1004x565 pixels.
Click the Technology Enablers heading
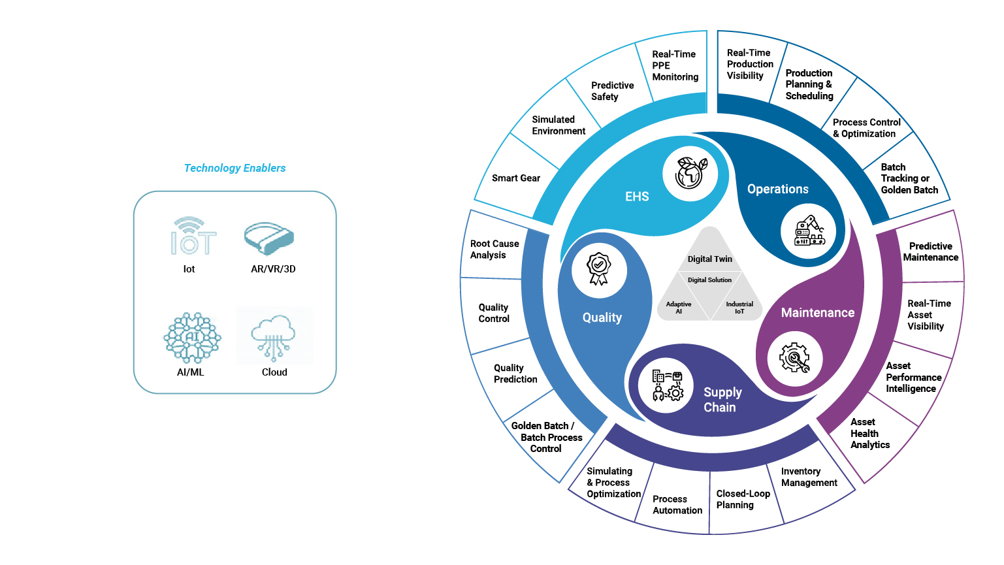pyautogui.click(x=235, y=168)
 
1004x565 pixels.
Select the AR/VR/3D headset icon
pyautogui.click(x=268, y=238)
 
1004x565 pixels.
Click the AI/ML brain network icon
pyautogui.click(x=191, y=338)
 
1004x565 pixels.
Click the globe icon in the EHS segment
pyautogui.click(x=690, y=174)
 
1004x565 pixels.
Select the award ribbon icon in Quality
pyautogui.click(x=598, y=270)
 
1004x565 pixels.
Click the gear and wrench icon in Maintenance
pyautogui.click(x=794, y=358)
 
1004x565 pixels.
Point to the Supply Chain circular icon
pyautogui.click(x=667, y=385)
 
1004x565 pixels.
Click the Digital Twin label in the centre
pyautogui.click(x=709, y=259)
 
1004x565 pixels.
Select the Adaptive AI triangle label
pyautogui.click(x=679, y=308)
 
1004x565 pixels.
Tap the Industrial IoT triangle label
pyautogui.click(x=739, y=308)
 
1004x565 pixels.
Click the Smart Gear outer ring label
pyautogui.click(x=515, y=178)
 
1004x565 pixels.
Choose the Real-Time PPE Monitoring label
pyautogui.click(x=675, y=65)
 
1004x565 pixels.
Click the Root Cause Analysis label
pyautogui.click(x=494, y=249)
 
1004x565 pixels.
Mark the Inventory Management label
pyautogui.click(x=809, y=477)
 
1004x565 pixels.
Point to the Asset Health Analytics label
pyautogui.click(x=869, y=433)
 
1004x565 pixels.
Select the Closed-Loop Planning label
pyautogui.click(x=743, y=499)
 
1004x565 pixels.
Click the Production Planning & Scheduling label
pyautogui.click(x=809, y=84)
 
